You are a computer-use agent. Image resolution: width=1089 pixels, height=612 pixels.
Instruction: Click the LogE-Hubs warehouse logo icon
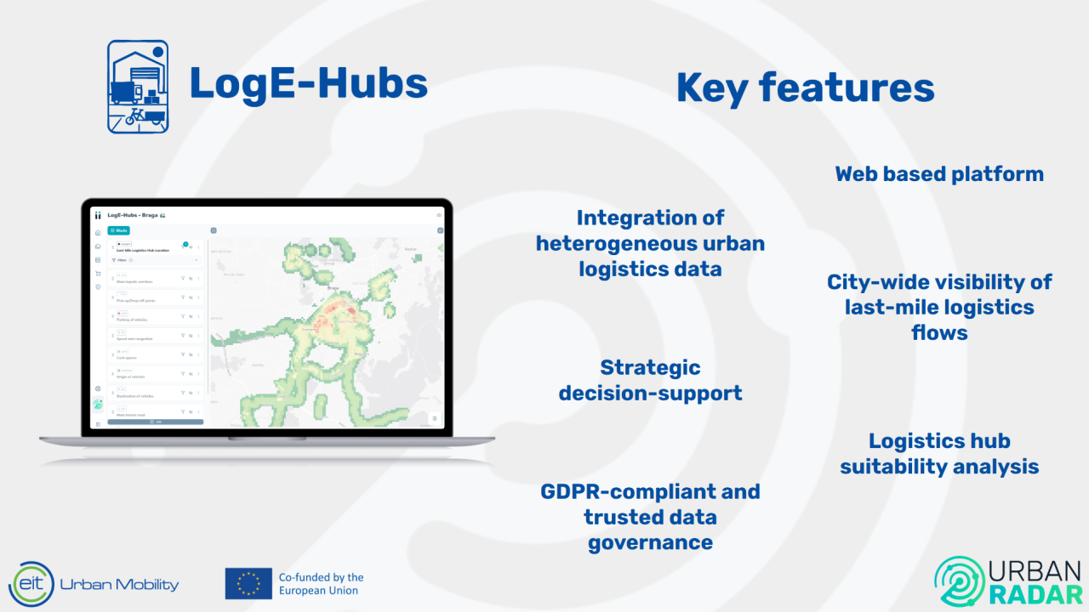click(x=138, y=87)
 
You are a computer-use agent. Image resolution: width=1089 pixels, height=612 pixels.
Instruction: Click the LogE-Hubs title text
click(x=308, y=84)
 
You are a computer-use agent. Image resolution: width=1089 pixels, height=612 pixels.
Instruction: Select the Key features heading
click(x=805, y=88)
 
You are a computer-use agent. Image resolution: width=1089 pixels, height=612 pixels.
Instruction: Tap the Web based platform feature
click(x=939, y=174)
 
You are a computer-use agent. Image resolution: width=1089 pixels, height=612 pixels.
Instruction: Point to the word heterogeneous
click(x=650, y=244)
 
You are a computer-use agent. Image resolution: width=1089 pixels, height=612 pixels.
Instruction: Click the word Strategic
click(x=650, y=367)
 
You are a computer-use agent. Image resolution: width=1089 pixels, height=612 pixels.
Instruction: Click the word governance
click(x=650, y=542)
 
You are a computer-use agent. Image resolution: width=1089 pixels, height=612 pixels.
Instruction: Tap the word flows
click(x=939, y=332)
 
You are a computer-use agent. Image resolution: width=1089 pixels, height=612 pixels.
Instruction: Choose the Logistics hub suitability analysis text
click(x=939, y=453)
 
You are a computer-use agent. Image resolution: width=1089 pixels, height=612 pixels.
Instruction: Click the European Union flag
click(x=248, y=583)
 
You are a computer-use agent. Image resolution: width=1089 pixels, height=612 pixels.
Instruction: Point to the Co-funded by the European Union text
click(x=321, y=583)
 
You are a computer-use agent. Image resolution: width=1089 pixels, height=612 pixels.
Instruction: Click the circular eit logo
click(x=31, y=584)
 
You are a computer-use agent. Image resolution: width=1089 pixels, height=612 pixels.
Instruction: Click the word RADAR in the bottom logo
click(x=1036, y=592)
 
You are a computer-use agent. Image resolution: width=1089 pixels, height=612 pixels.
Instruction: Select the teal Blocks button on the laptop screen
click(x=118, y=230)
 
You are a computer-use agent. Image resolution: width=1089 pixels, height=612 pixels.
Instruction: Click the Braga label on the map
click(x=333, y=289)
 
